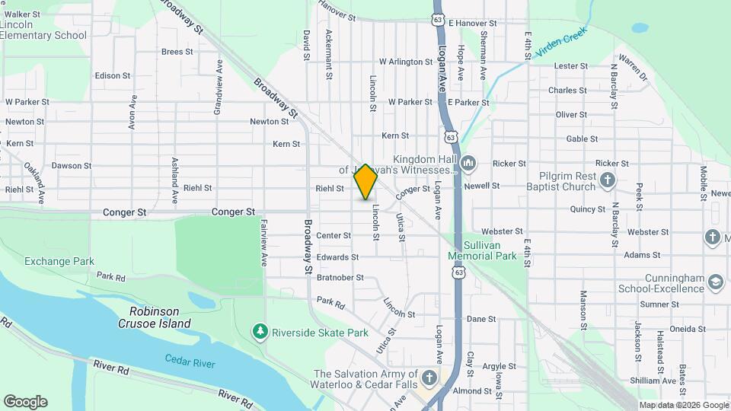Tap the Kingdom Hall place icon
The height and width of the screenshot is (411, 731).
468,162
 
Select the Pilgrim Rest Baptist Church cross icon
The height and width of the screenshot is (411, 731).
607,180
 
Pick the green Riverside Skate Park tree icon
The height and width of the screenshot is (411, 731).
260,332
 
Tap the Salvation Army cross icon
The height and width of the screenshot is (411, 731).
429,378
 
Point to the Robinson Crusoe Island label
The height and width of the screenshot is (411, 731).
155,317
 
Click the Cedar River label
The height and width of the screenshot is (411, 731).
191,359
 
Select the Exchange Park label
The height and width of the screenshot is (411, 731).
59,261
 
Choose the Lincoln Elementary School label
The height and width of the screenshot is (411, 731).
43,30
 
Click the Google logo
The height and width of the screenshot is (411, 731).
25,401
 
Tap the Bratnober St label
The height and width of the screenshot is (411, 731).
340,278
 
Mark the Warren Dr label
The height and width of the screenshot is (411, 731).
633,67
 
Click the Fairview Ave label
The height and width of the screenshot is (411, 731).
264,242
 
